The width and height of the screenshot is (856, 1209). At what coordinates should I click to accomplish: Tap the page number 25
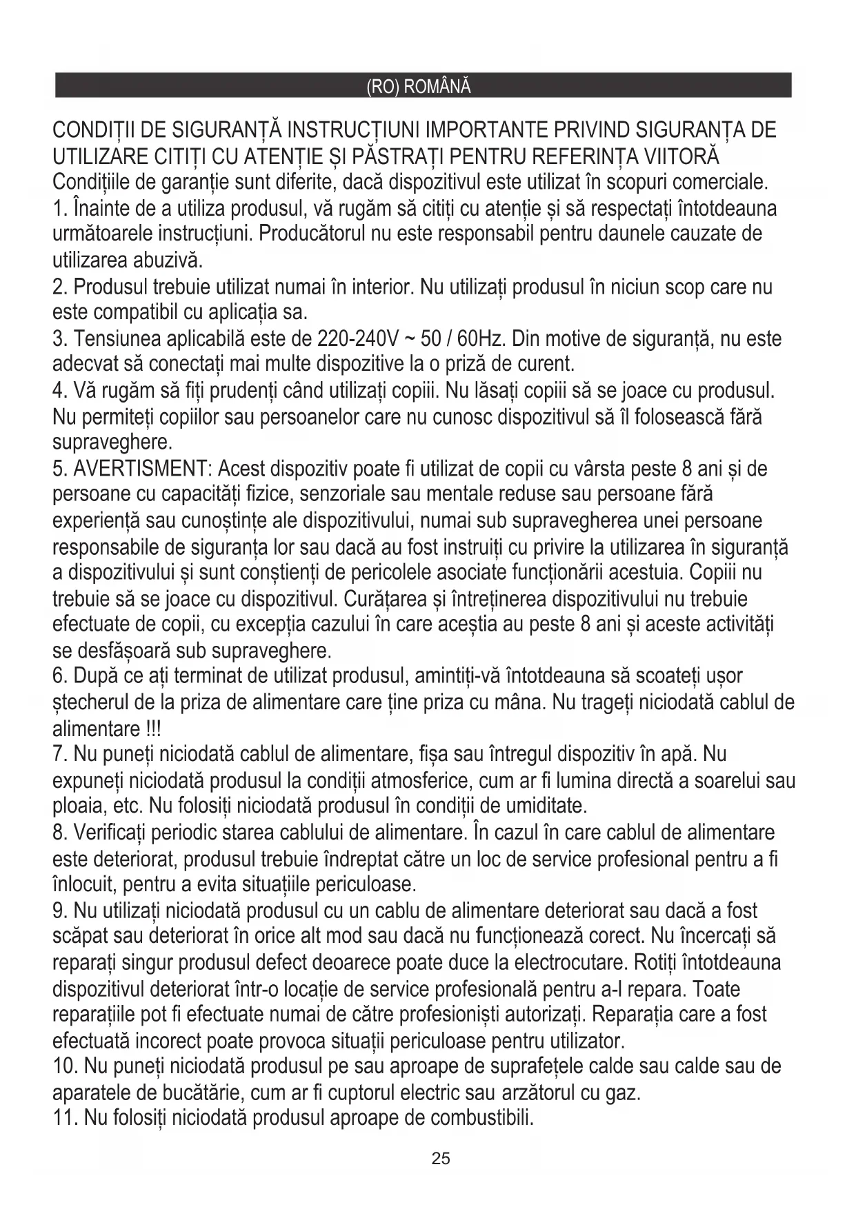tap(440, 1158)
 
